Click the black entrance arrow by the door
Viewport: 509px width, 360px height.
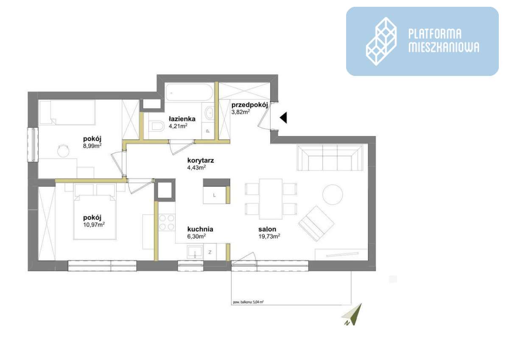[x=283, y=117]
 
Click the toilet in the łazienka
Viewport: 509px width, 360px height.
[x=157, y=126]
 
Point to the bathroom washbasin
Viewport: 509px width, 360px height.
[x=209, y=113]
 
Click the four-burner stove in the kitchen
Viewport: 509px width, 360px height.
[x=167, y=223]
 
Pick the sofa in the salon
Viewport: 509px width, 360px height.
[x=330, y=158]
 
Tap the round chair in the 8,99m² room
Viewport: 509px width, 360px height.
[x=63, y=149]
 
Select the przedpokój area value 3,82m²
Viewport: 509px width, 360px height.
[x=240, y=112]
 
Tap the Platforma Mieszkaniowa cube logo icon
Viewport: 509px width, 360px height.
[x=381, y=41]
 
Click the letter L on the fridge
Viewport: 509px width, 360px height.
[x=215, y=195]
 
